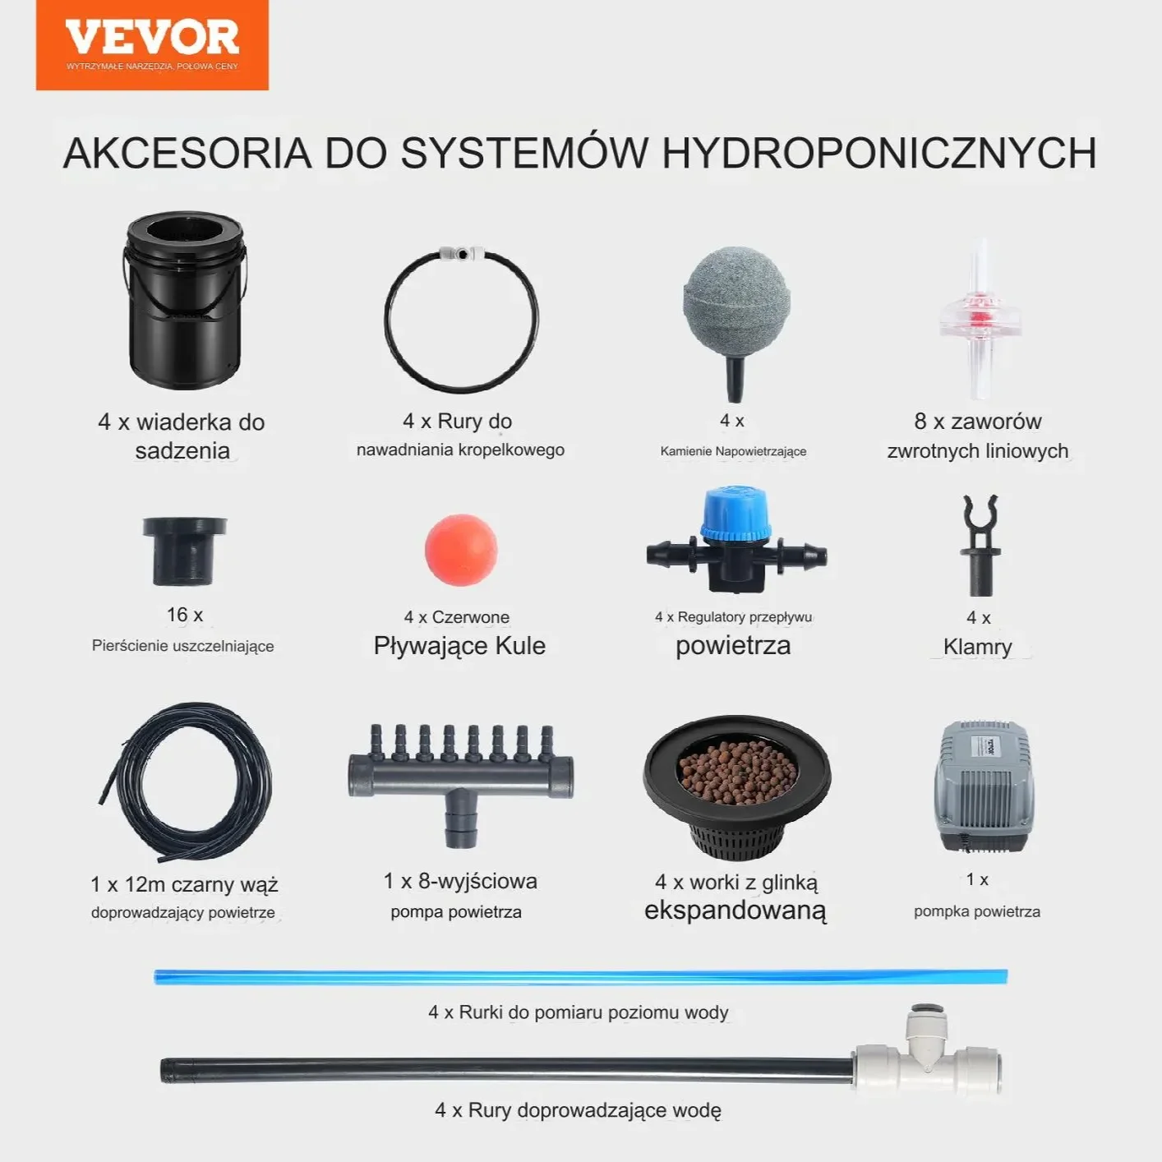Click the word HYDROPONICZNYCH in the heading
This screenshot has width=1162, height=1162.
pyautogui.click(x=879, y=154)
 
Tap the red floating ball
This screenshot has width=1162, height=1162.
pyautogui.click(x=461, y=550)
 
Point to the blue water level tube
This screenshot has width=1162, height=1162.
pyautogui.click(x=580, y=976)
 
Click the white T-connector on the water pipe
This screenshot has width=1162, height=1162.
pyautogui.click(x=927, y=1055)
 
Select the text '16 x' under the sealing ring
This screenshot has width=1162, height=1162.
pyautogui.click(x=185, y=615)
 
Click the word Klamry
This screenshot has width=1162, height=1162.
pyautogui.click(x=978, y=647)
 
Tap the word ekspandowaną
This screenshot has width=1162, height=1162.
pyautogui.click(x=735, y=911)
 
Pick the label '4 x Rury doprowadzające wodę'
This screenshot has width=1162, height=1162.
pyautogui.click(x=578, y=1110)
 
